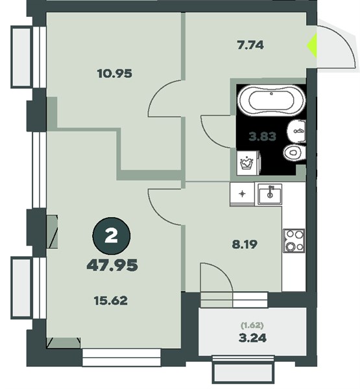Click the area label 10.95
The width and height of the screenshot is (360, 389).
coord(114,74)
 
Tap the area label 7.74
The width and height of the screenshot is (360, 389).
coord(250,45)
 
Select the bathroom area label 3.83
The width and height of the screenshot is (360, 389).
coord(263,137)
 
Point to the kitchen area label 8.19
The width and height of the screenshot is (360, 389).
coord(245,244)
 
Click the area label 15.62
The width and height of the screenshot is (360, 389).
coord(111,301)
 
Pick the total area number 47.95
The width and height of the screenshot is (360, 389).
coord(112,265)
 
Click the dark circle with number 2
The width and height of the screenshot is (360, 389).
coord(111,236)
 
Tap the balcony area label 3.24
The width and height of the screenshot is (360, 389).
coord(252,338)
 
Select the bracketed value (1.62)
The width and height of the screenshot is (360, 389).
coord(252,325)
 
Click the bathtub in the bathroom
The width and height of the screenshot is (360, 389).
coord(271,100)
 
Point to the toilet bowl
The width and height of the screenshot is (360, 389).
coord(294,153)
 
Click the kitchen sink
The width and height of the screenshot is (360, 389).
coord(270,194)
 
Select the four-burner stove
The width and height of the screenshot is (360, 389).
coord(294,241)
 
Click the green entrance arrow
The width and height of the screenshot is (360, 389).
coord(312,45)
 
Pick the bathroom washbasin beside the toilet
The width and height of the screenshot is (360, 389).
coord(296,132)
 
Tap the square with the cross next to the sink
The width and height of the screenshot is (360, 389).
coord(243,194)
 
